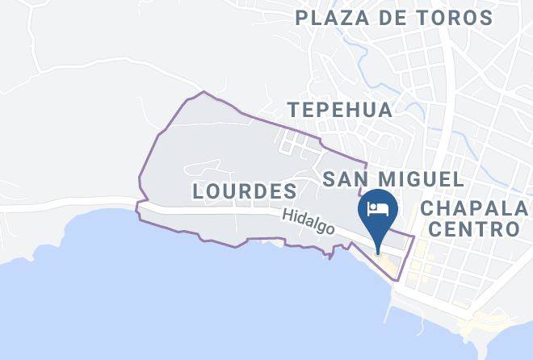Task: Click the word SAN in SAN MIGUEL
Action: (x=346, y=178)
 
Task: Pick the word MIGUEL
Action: (x=421, y=178)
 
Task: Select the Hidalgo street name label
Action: (x=308, y=222)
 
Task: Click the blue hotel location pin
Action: (x=378, y=212)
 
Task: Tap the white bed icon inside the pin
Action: (x=378, y=209)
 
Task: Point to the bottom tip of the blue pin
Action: (x=378, y=252)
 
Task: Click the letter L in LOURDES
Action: (x=199, y=191)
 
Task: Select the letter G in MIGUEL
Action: (x=420, y=178)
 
